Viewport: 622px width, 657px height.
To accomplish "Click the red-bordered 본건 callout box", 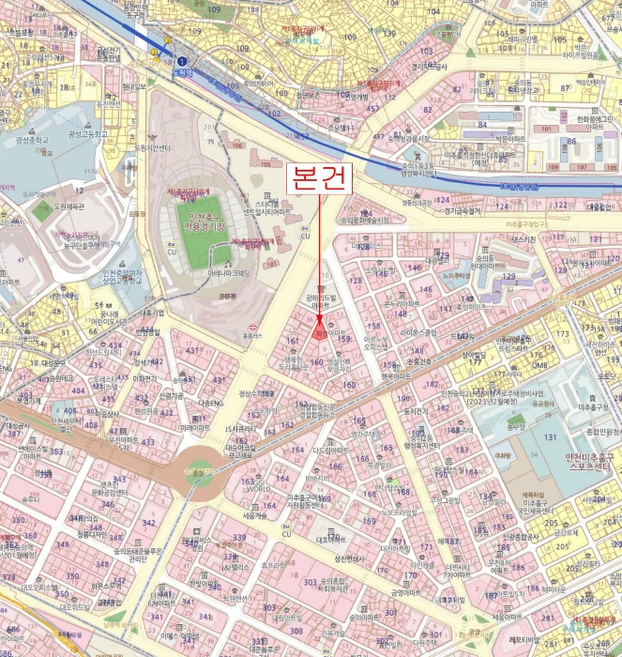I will (x=319, y=178).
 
